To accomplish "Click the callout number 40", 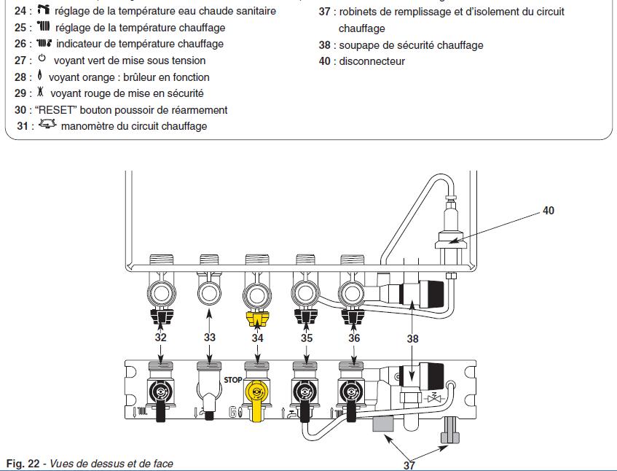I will point(548,211).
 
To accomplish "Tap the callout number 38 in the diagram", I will point(412,338).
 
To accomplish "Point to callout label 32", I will point(160,338).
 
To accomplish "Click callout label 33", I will point(210,338).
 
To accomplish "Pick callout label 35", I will point(306,338).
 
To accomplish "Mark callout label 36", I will point(354,338).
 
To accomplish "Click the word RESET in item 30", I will point(52,110).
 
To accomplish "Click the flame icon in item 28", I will point(40,77).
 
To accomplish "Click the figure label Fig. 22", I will point(24,464).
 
